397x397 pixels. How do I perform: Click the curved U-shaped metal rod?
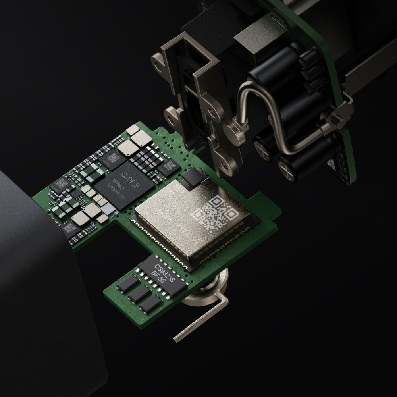coord(274,119)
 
